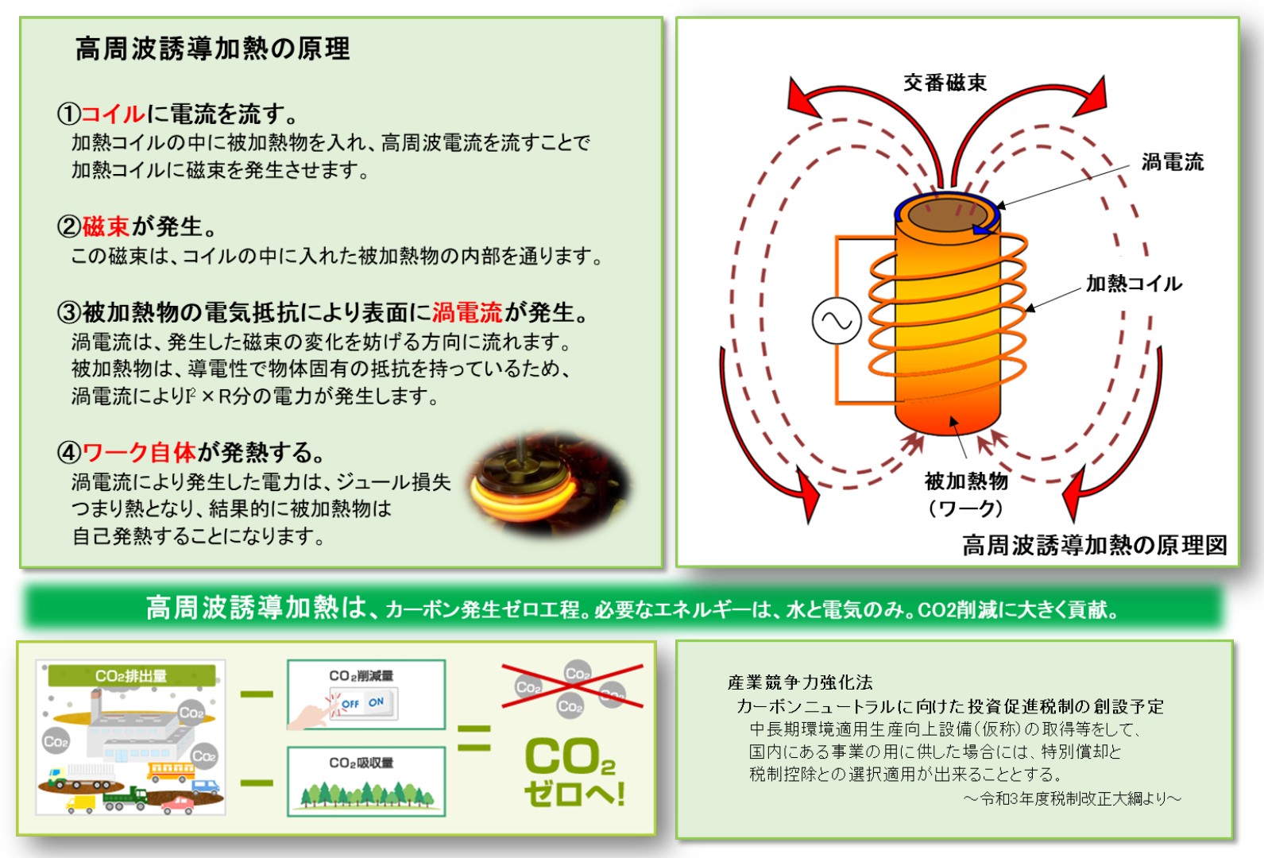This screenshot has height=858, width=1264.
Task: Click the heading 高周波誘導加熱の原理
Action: (x=212, y=49)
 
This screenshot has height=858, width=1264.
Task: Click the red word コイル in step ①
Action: (x=113, y=114)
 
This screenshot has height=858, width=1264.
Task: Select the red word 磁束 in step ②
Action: (x=106, y=227)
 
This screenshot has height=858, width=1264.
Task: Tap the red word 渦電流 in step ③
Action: (x=467, y=313)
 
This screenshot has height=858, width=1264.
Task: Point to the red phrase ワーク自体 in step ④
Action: (x=139, y=453)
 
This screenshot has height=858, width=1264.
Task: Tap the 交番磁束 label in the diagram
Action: (x=945, y=83)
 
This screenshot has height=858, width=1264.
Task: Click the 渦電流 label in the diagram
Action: (x=1172, y=163)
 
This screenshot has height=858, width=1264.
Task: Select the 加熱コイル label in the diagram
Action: (x=1134, y=284)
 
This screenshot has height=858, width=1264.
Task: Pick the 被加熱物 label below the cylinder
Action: (x=966, y=481)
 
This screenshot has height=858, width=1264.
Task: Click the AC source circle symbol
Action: (x=837, y=321)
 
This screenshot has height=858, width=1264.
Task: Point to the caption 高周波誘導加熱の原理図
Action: (x=1094, y=545)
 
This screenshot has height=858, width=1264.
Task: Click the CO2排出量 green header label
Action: (x=131, y=676)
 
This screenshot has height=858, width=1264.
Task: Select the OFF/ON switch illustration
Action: (x=363, y=704)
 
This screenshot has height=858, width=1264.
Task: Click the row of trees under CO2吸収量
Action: (x=365, y=793)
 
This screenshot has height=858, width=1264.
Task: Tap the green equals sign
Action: (x=474, y=738)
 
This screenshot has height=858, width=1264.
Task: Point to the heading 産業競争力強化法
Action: (x=800, y=682)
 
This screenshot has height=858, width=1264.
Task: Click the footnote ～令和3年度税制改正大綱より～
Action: (x=1072, y=798)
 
